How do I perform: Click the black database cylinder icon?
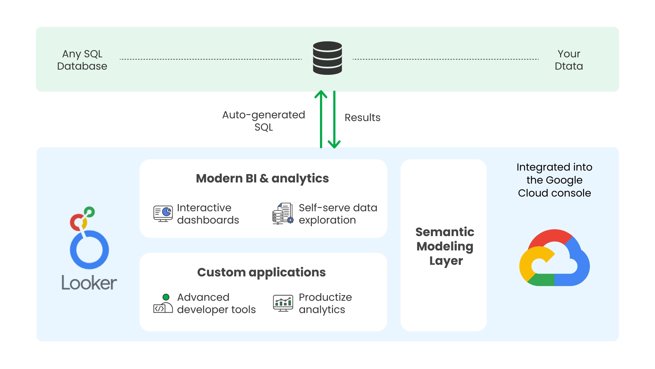[327, 58]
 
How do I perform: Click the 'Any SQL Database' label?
[82, 60]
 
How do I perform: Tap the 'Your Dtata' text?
[569, 60]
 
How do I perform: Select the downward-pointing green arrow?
[334, 120]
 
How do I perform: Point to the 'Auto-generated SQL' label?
[263, 121]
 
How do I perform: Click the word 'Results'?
[362, 118]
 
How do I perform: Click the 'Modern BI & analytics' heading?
[262, 178]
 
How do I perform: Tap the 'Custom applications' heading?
[261, 272]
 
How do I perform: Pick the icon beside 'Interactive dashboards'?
[163, 214]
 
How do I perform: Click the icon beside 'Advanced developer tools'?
[163, 304]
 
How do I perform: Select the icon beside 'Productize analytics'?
[283, 303]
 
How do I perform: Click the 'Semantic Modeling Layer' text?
[445, 246]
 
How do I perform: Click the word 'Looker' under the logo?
[89, 283]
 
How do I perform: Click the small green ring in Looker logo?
[89, 211]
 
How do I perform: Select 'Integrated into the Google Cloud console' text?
[554, 180]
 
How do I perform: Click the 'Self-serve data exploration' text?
[338, 214]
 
